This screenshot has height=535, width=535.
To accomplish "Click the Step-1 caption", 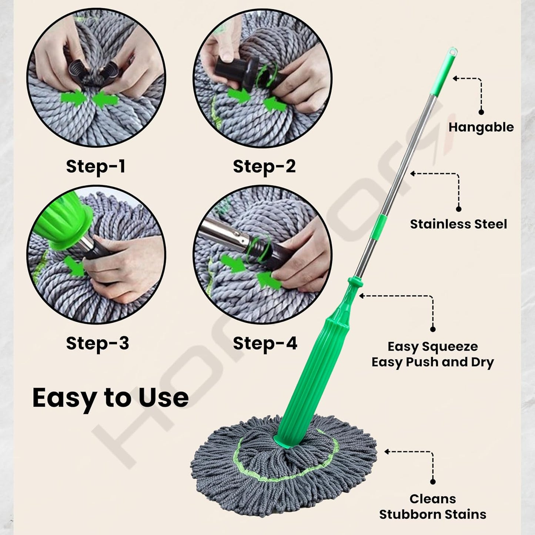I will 96,166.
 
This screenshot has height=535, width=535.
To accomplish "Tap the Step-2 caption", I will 264,166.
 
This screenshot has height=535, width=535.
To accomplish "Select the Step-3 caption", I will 97,343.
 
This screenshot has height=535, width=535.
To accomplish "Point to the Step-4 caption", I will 265,343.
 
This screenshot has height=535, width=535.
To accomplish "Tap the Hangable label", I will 481,127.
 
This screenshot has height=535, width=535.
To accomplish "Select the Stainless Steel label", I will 458,224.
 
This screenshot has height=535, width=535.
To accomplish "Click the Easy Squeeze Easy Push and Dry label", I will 432,354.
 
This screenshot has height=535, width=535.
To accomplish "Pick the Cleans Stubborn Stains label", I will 432,506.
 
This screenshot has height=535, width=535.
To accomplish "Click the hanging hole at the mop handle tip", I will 452,51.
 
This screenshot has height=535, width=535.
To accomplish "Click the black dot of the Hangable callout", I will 481,112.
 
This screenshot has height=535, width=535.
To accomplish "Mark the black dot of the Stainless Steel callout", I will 458,209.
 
